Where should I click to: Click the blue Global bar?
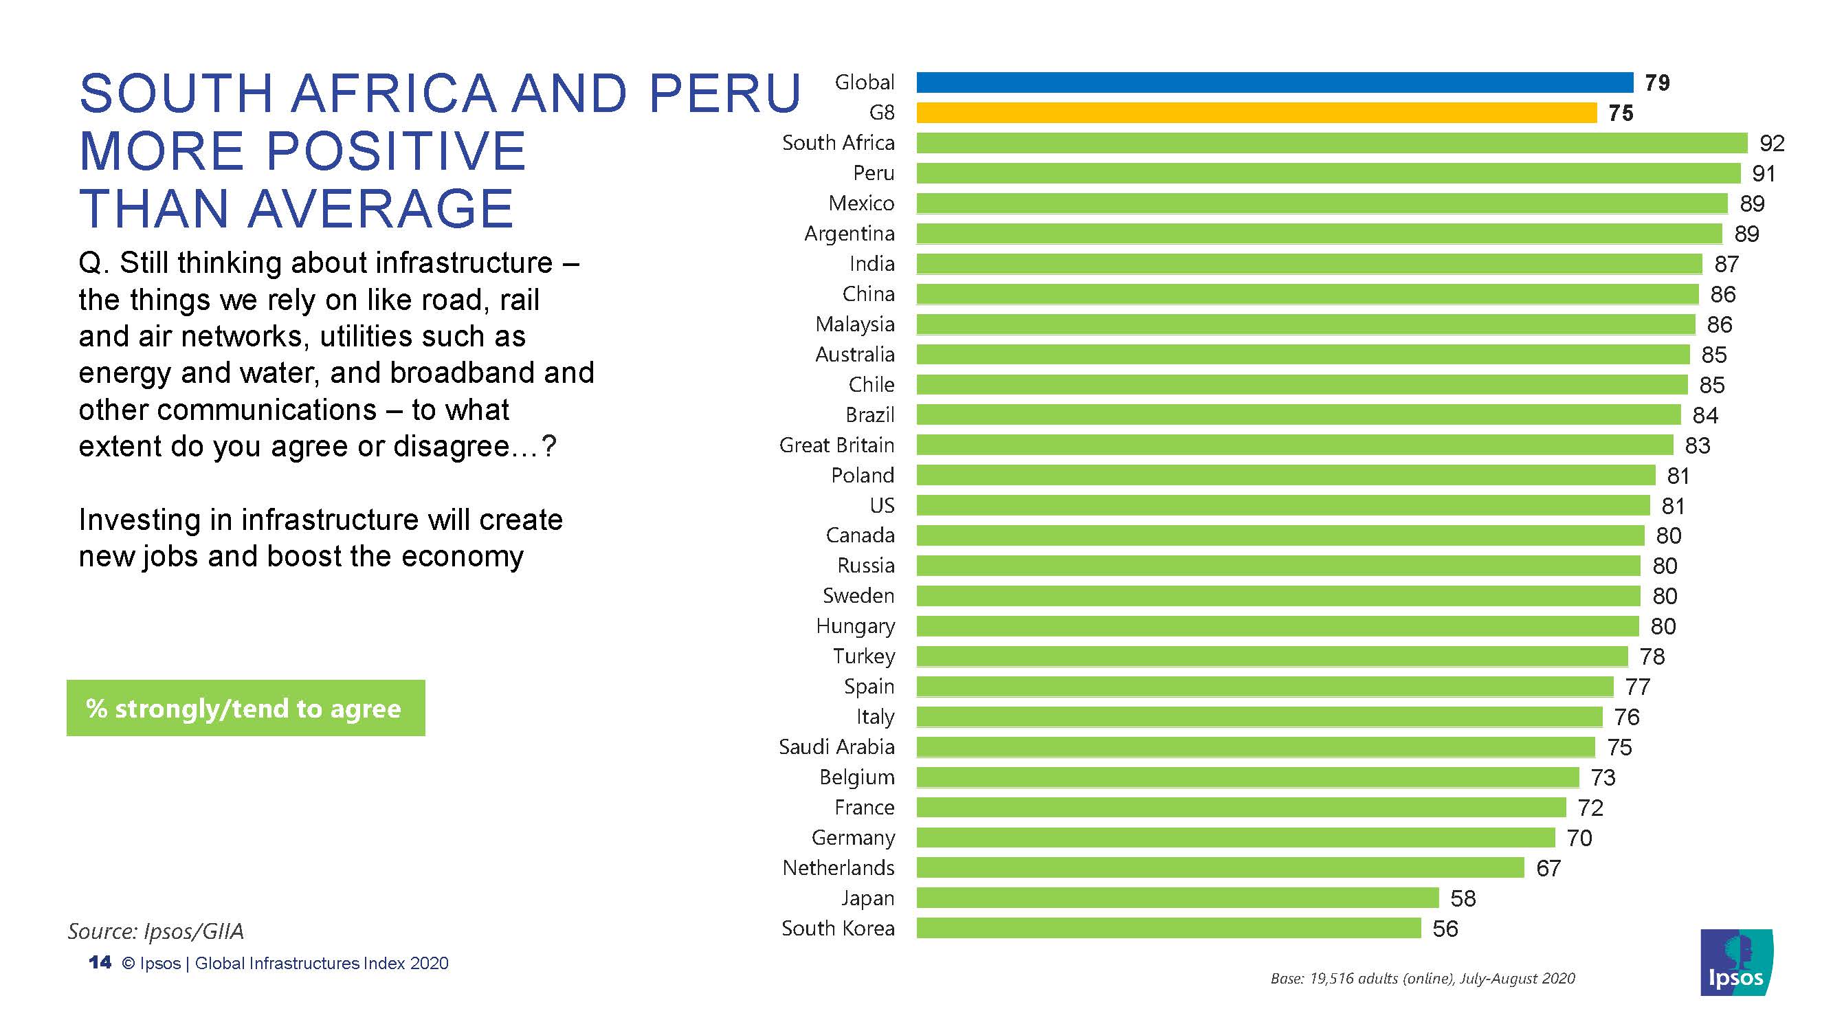click(1274, 82)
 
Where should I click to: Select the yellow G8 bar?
click(1256, 113)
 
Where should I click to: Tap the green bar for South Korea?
click(1168, 928)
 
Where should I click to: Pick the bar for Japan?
click(1177, 898)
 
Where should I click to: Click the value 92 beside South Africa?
click(1772, 144)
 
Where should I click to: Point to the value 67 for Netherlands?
click(1548, 868)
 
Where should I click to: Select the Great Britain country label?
click(836, 445)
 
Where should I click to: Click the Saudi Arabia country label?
click(836, 747)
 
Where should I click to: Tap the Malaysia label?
click(854, 324)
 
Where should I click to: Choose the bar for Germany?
click(1235, 837)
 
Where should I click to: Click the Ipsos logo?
click(1736, 962)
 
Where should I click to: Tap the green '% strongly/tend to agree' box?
click(245, 708)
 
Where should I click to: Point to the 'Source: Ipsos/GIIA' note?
click(156, 931)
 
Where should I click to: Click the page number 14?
click(100, 963)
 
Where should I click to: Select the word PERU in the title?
click(724, 93)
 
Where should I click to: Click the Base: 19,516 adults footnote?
click(1423, 978)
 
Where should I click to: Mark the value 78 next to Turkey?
click(1652, 656)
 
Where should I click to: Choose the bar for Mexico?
click(1322, 203)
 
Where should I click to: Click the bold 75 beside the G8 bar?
click(1621, 113)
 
